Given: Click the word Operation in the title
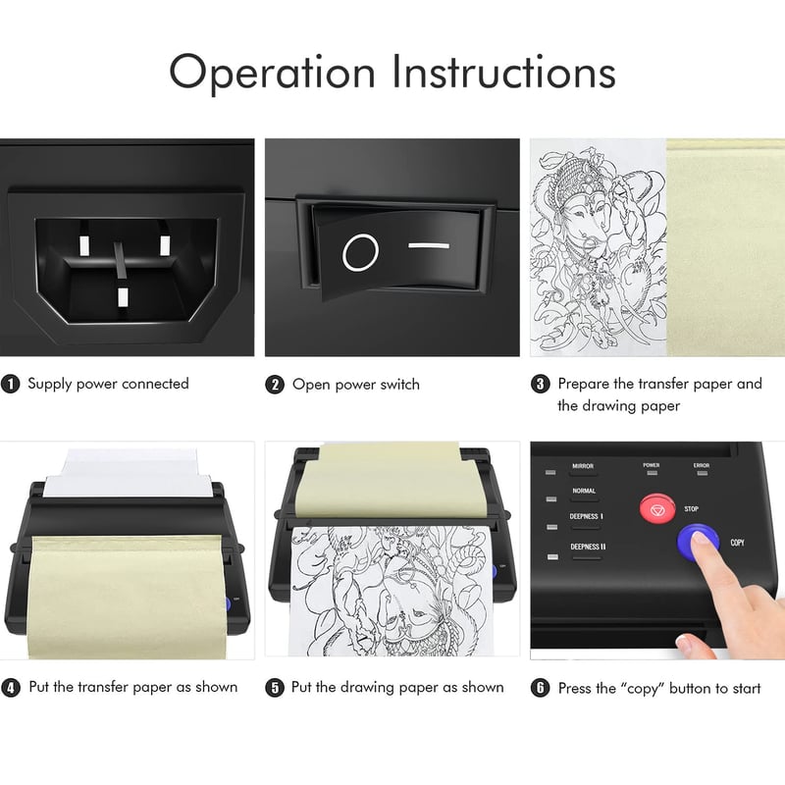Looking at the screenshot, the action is coord(273,73).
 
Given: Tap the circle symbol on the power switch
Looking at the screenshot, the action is coord(360,252).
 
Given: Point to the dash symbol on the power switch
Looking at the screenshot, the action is coord(429,245).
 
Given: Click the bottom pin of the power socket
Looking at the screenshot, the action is coord(123,297).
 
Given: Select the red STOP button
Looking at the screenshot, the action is coord(656,509).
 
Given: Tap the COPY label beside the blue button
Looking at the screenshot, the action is coord(738,543).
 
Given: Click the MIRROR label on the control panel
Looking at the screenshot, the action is coord(583,466).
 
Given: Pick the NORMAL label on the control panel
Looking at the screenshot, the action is coord(584,491).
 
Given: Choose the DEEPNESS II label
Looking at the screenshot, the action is coord(588,547).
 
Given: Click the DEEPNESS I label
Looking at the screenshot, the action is coord(586,516).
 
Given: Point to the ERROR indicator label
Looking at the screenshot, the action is coord(702,465).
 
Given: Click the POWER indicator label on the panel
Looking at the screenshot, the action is coord(652,465).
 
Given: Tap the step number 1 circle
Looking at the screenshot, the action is coord(10,385).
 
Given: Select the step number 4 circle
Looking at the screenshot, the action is coord(11,688).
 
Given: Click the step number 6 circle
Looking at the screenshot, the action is coord(540,688).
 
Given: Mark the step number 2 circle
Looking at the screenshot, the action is coord(275,385).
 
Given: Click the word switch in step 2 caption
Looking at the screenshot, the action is coord(399,385).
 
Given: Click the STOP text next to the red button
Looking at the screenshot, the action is coord(692,508).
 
